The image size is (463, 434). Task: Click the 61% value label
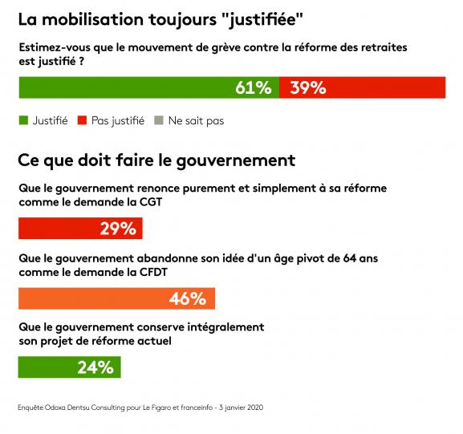coord(254,88)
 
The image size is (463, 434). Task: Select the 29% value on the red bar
coord(117,229)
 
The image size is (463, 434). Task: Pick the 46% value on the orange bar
coord(188,298)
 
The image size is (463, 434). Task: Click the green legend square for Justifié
coord(22,121)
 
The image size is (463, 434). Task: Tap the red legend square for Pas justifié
coord(82,121)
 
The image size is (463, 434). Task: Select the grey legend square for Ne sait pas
coord(160,121)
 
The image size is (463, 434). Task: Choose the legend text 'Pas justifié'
coord(117,121)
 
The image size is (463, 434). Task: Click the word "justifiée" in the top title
coord(268,16)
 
